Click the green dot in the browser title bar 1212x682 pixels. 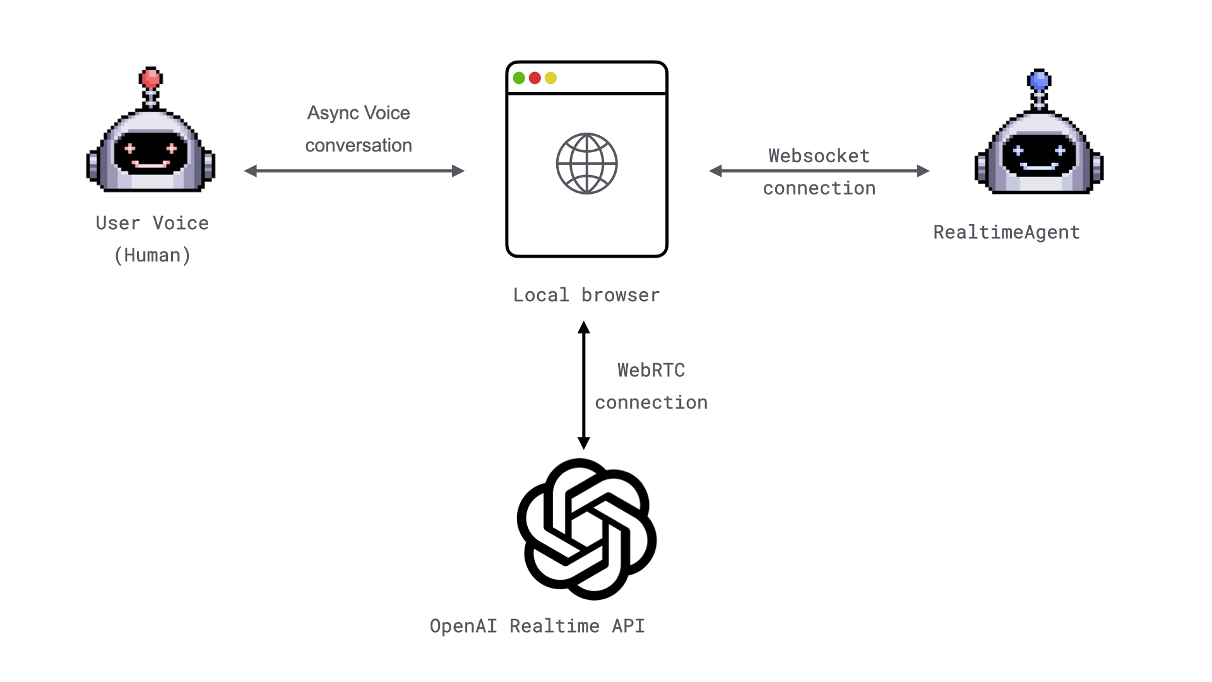tap(519, 78)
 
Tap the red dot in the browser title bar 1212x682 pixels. tap(535, 78)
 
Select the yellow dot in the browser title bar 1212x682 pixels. tap(550, 78)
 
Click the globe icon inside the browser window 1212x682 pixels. tap(586, 164)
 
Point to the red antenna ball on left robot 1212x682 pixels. tap(151, 78)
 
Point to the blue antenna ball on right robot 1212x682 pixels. tap(1039, 80)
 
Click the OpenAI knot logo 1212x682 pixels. tap(586, 529)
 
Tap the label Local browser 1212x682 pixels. tap(586, 295)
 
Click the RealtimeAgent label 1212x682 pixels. tap(1006, 232)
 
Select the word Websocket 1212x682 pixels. tap(819, 156)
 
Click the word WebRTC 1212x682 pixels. tap(651, 370)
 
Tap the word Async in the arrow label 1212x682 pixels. tap(333, 113)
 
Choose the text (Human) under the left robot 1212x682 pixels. tap(152, 255)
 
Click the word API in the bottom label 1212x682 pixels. tap(628, 626)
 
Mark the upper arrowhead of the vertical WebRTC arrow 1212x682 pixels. tap(584, 328)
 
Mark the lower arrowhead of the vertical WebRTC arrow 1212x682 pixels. tap(584, 443)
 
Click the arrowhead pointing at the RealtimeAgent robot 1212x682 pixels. tap(923, 170)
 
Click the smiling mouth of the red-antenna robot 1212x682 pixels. tap(151, 165)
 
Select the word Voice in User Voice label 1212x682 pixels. tap(181, 223)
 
